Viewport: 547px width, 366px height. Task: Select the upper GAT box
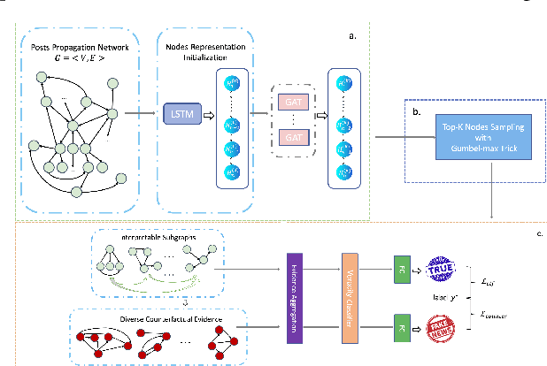pos(291,101)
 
